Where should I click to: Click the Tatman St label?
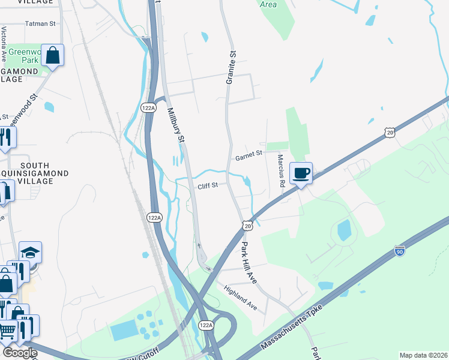coord(40,24)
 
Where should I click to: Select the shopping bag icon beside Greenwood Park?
coord(53,55)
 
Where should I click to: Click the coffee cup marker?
coord(301,173)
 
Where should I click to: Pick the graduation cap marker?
coord(30,253)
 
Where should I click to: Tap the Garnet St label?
coord(249,155)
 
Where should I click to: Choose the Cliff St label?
coord(207,186)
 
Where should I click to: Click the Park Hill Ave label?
coord(249,263)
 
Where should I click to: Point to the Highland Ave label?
coord(240,298)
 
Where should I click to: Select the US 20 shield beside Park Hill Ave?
coord(247,226)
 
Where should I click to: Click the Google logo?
coord(19,353)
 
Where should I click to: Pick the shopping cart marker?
coord(7,330)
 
